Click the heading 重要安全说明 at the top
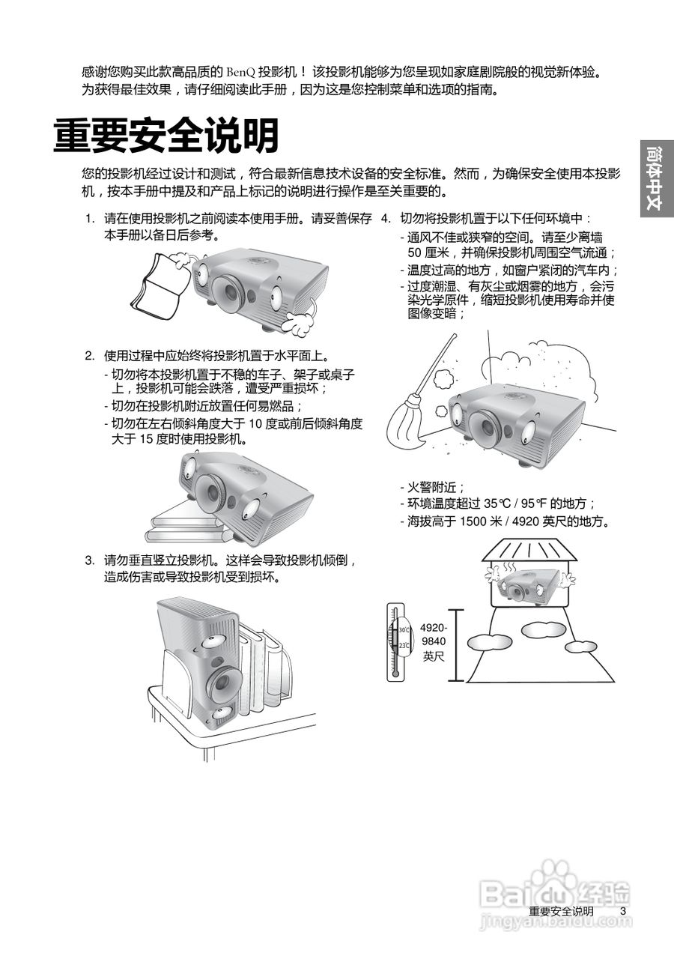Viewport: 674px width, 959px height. pyautogui.click(x=166, y=136)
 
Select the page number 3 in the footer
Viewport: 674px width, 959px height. pyautogui.click(x=622, y=910)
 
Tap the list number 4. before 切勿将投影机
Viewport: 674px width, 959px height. pyautogui.click(x=386, y=219)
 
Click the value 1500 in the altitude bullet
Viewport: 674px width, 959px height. pyautogui.click(x=474, y=521)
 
